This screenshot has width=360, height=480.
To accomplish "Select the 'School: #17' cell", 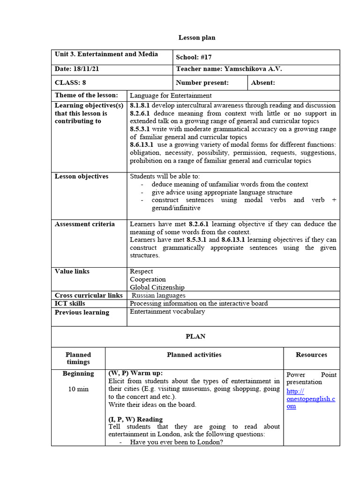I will pyautogui.click(x=194, y=57).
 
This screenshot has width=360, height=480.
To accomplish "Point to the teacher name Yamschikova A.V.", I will pyautogui.click(x=229, y=69).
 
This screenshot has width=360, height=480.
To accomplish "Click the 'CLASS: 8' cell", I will pyautogui.click(x=70, y=82).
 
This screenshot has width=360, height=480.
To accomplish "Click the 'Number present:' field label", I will pyautogui.click(x=202, y=83).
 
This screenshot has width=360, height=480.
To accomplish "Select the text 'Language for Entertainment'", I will pyautogui.click(x=170, y=96).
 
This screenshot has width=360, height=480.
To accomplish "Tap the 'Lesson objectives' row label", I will pyautogui.click(x=81, y=176).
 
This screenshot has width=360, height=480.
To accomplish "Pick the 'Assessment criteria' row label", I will pyautogui.click(x=84, y=224).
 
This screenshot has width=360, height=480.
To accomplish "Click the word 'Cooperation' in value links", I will pyautogui.click(x=148, y=279).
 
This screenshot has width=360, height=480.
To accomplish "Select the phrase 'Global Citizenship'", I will pyautogui.click(x=157, y=287).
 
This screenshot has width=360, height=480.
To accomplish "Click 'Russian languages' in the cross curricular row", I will pyautogui.click(x=158, y=295).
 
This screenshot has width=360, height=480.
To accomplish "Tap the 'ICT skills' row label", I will pyautogui.click(x=70, y=303).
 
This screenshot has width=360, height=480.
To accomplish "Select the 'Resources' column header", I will pyautogui.click(x=311, y=355).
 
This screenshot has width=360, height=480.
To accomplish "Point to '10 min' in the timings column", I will pyautogui.click(x=78, y=389).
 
